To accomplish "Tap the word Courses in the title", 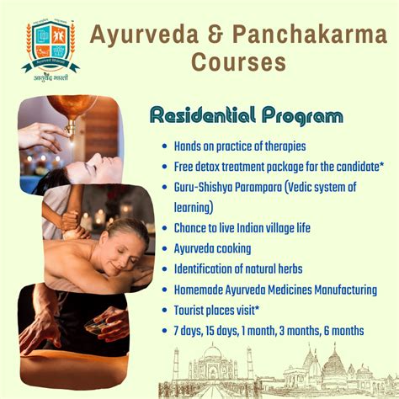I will click(x=238, y=62).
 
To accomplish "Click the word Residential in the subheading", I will click(x=198, y=115).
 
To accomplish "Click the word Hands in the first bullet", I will click(x=189, y=146).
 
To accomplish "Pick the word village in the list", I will click(x=290, y=228).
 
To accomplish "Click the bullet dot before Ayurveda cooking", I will click(x=163, y=248).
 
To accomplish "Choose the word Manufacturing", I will click(x=337, y=290).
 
